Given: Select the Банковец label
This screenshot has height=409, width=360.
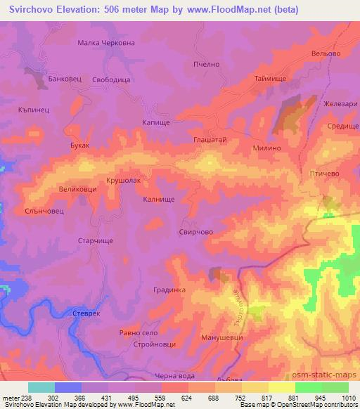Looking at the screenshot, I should click(65, 79).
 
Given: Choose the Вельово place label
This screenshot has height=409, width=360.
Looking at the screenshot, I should click(326, 54).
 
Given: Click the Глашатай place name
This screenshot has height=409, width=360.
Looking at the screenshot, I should click(210, 141).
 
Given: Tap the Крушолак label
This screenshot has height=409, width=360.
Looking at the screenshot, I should click(124, 181).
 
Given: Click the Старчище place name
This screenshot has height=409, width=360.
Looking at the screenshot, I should click(94, 240).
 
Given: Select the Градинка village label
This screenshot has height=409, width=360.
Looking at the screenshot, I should click(169, 290).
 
